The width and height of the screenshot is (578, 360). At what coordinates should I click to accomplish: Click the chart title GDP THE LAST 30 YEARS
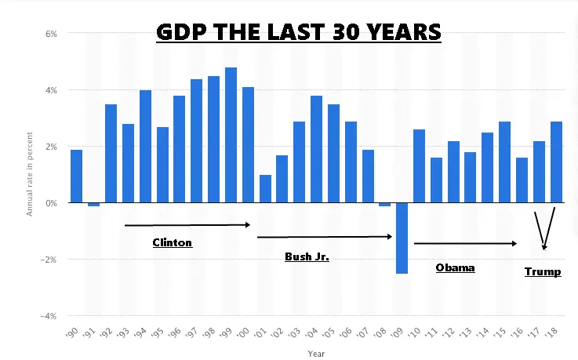298,32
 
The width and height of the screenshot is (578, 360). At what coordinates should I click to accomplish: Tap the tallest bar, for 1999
231,135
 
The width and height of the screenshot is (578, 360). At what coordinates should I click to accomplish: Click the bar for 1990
76,176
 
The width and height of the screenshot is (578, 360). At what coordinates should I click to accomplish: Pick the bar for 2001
265,188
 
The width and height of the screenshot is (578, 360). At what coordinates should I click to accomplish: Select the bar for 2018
556,162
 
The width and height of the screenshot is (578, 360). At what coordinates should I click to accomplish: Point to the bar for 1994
145,146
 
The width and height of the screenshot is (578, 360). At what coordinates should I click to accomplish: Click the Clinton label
172,242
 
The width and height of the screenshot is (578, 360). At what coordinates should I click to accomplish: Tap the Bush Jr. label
306,256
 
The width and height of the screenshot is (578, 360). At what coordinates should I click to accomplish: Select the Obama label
455,267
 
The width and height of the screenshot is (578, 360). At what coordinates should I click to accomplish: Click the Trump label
543,271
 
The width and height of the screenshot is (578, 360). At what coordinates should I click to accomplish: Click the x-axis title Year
316,353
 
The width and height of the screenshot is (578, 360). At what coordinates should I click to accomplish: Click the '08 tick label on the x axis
382,334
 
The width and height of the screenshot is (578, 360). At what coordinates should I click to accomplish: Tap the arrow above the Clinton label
187,225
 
